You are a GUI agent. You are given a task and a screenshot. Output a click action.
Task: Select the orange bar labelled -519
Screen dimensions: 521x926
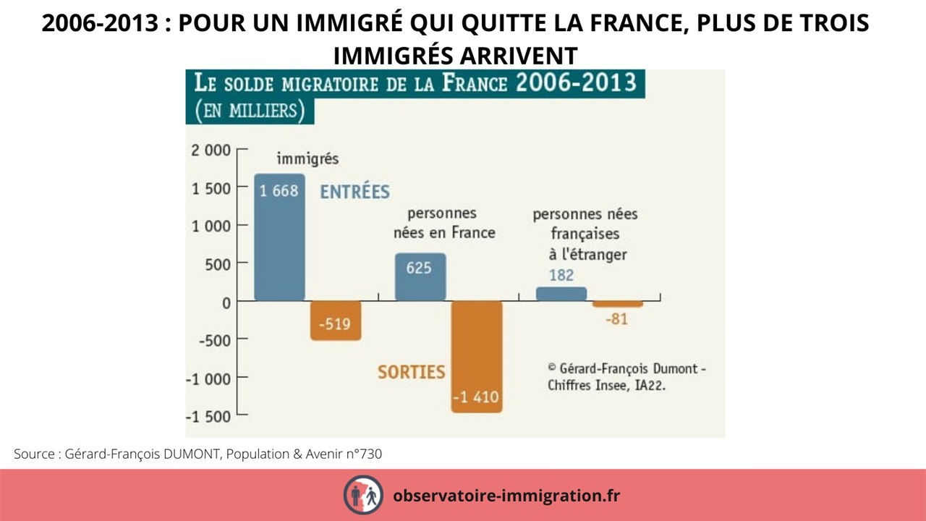tap(336, 321)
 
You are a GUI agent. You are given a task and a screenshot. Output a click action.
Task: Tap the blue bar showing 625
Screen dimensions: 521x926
tap(420, 277)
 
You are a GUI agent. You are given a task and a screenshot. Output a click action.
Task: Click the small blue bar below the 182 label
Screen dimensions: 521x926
tap(561, 294)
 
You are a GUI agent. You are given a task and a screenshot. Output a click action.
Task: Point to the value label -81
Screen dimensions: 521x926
tap(616, 318)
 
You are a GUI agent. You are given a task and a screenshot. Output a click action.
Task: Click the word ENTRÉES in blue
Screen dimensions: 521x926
tap(354, 192)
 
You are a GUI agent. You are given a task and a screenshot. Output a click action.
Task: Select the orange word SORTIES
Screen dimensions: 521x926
tap(411, 372)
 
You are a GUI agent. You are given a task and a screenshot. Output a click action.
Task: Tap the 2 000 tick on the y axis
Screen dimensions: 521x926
tap(211, 151)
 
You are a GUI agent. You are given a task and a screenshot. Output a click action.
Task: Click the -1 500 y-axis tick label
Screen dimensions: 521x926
tap(208, 417)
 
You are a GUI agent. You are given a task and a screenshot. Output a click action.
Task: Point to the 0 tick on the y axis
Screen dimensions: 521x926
tap(226, 302)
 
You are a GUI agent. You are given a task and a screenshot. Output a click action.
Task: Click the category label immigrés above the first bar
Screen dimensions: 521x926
tap(307, 159)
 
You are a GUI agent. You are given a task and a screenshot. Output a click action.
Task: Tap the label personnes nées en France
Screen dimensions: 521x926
tap(443, 223)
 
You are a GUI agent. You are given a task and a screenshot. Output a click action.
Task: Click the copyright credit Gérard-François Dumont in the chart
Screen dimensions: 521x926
tap(626, 376)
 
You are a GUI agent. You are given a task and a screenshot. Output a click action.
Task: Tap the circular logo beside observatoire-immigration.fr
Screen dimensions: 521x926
tap(363, 495)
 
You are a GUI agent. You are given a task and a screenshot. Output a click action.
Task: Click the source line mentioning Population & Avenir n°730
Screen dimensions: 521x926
tap(197, 454)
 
